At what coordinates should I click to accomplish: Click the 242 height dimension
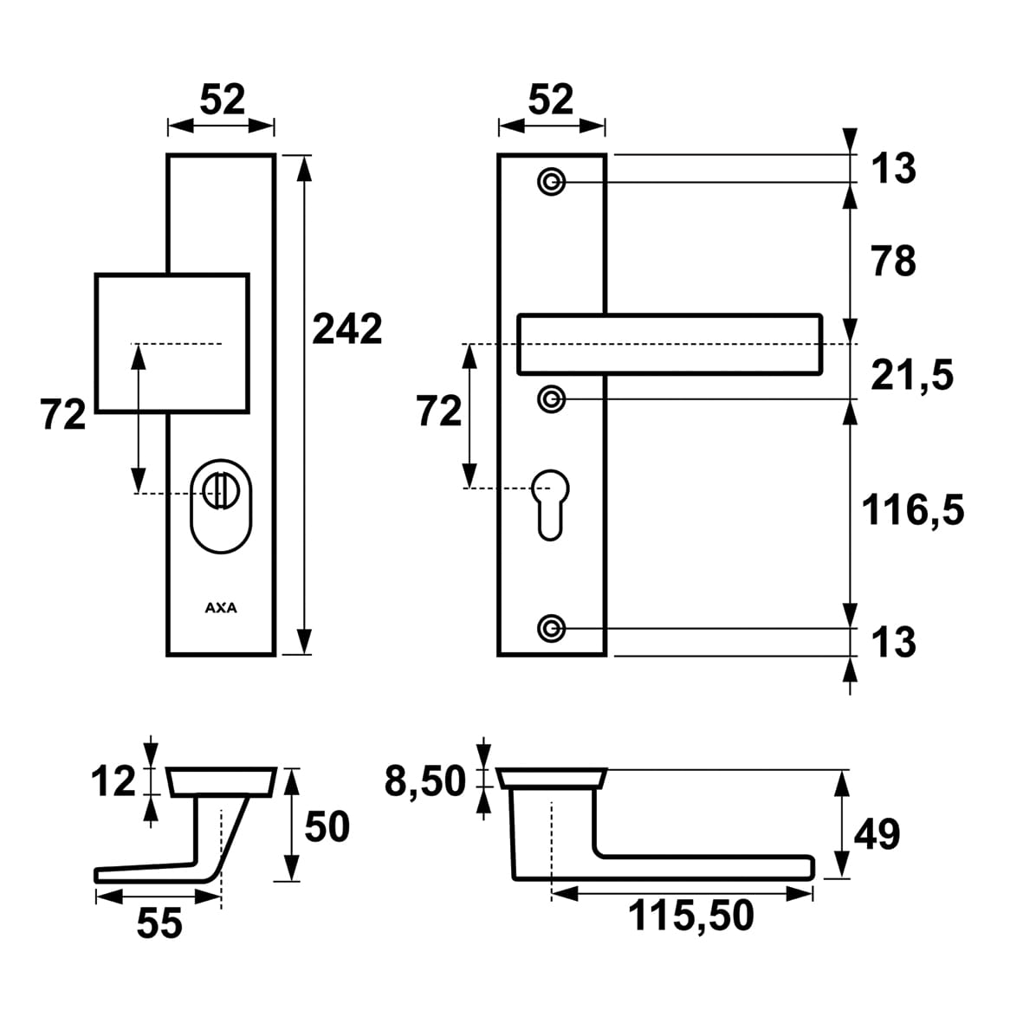[346, 330]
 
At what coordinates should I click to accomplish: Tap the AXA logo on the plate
[221, 608]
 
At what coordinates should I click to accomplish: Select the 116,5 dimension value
[912, 510]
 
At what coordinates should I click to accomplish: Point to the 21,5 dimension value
[911, 376]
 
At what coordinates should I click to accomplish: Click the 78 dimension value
[893, 261]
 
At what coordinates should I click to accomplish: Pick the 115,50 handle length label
[690, 916]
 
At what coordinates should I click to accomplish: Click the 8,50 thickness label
[425, 783]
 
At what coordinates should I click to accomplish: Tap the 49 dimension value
[877, 835]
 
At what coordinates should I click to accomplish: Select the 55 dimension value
[159, 923]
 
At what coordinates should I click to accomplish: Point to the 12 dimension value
[113, 782]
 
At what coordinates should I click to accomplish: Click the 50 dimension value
[327, 827]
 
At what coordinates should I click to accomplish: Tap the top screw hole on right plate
[552, 182]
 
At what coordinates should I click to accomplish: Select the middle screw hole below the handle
[552, 398]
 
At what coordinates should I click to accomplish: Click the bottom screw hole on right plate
[552, 627]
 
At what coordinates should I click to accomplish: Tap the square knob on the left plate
[172, 342]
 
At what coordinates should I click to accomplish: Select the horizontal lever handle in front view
[669, 345]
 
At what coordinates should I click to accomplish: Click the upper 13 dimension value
[893, 167]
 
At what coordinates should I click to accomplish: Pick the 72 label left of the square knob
[63, 416]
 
